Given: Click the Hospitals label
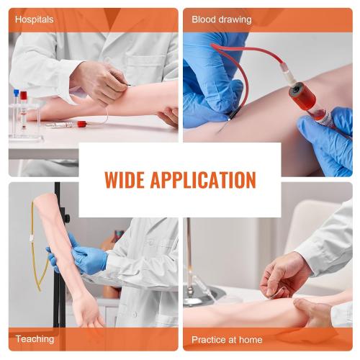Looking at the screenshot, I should [35, 19].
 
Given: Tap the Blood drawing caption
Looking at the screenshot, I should [222, 19].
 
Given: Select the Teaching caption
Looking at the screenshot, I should [35, 338].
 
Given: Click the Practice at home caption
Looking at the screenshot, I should [227, 338].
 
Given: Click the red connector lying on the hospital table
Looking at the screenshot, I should [81, 124].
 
